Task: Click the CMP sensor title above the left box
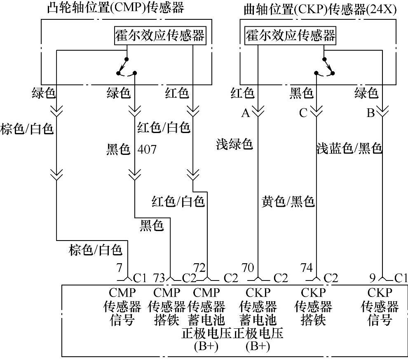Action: click(x=115, y=7)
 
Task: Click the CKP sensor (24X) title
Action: click(x=320, y=9)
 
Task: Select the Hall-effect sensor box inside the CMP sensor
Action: click(x=160, y=35)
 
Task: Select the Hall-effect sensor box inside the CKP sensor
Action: click(x=291, y=35)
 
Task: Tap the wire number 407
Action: click(x=147, y=149)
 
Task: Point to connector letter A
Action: click(x=246, y=113)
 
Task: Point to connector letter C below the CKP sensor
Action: click(x=303, y=113)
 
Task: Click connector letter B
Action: click(x=370, y=113)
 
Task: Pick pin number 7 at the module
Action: click(x=119, y=268)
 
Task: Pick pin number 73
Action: click(x=159, y=278)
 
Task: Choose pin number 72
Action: click(x=199, y=268)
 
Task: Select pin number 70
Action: click(x=248, y=268)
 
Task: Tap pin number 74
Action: click(x=307, y=268)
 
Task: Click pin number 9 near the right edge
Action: click(x=373, y=278)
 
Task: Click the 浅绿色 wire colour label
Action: click(x=234, y=144)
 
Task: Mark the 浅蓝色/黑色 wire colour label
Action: click(x=349, y=148)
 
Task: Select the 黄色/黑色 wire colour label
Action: click(x=288, y=201)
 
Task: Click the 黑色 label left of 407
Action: click(x=118, y=149)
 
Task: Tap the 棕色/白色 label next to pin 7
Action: click(x=96, y=250)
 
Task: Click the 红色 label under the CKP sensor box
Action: click(x=242, y=93)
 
